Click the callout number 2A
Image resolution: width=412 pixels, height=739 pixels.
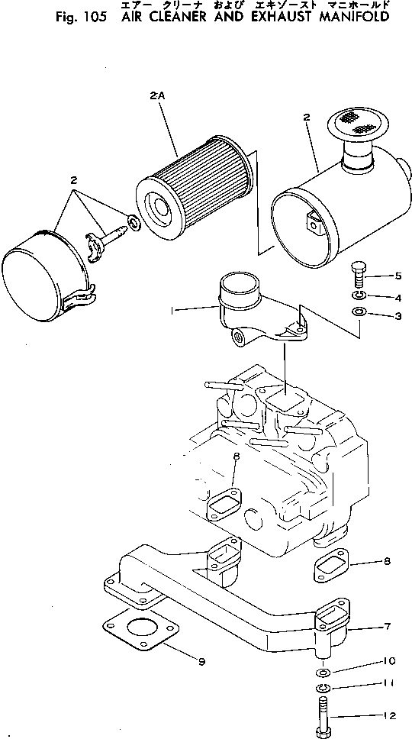158,97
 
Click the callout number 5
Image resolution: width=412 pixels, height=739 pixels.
398,276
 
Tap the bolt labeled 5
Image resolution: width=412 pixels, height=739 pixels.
360,273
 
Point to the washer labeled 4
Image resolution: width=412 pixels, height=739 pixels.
359,295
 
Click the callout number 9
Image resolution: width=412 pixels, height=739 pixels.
201,661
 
